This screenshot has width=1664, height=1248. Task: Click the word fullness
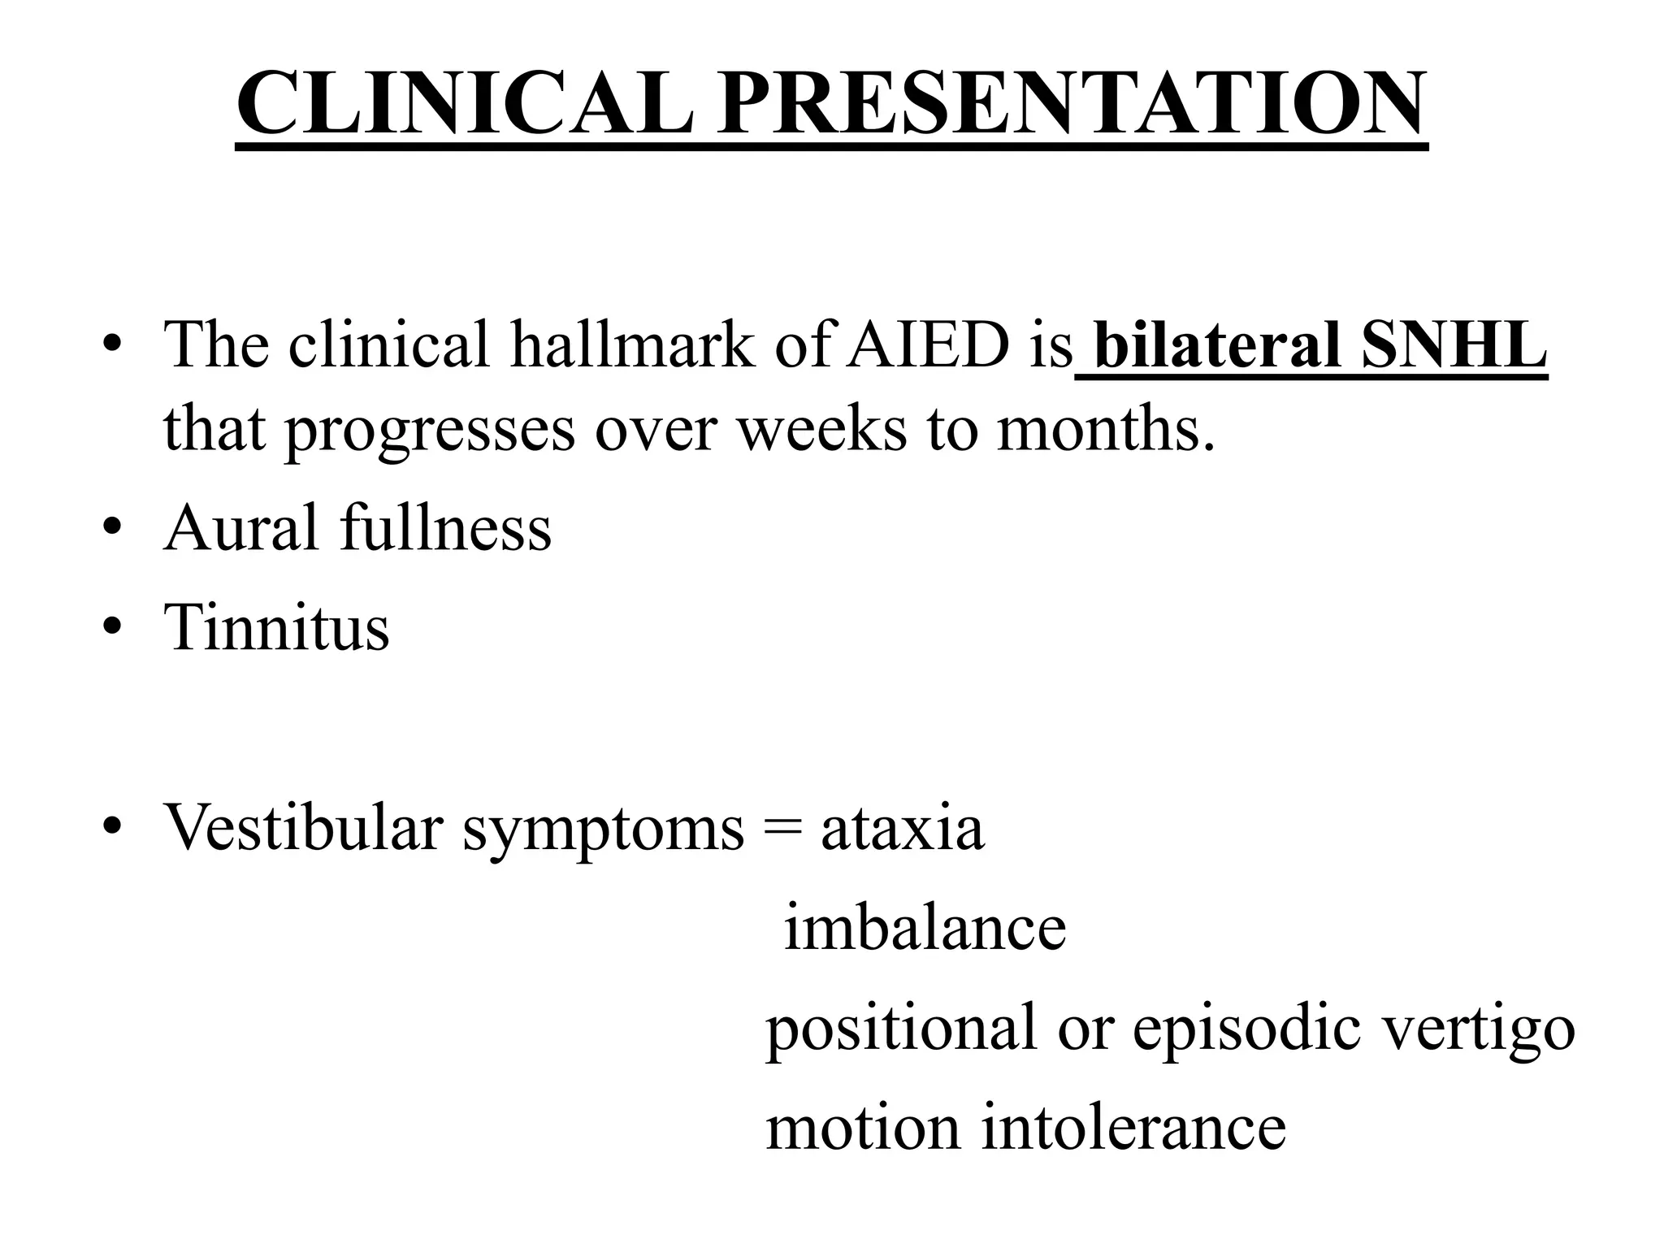point(445,527)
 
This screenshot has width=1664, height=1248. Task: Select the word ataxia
point(902,829)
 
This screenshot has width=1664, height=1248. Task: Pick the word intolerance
point(1133,1127)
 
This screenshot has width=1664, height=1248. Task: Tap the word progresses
point(430,431)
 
